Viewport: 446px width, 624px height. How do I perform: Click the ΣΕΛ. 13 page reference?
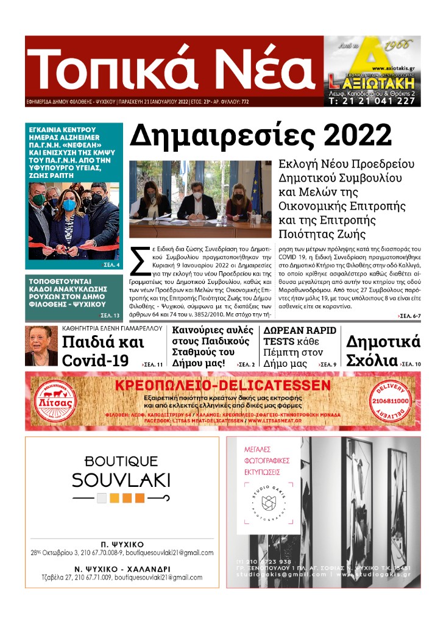[x=110, y=315]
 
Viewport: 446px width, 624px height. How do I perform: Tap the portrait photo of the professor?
[x=41, y=346]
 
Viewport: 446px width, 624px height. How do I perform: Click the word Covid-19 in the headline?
[x=95, y=360]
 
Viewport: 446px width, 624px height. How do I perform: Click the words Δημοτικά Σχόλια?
[x=383, y=350]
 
